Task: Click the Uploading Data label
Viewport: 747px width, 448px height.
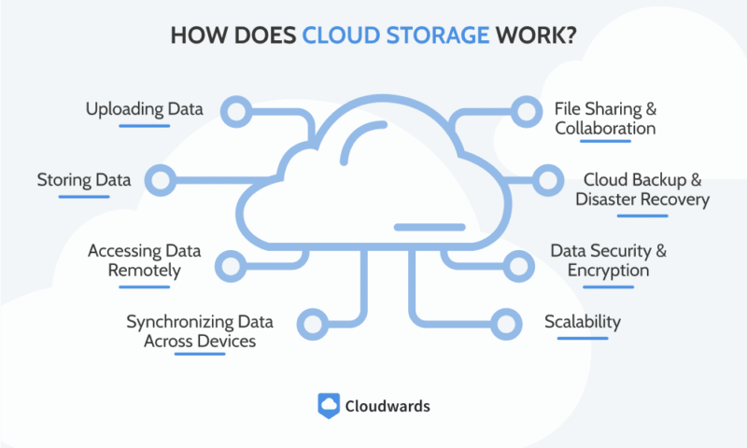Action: click(145, 109)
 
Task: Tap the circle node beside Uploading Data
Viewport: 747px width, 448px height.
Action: click(237, 113)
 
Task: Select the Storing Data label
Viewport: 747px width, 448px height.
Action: click(83, 179)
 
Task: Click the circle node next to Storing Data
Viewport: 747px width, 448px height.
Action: click(162, 179)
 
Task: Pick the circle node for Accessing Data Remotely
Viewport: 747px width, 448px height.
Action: click(229, 264)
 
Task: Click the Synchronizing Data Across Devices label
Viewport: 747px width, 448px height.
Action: click(200, 331)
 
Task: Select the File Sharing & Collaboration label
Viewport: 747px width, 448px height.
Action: click(605, 118)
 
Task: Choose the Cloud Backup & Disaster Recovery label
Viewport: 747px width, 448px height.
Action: click(642, 189)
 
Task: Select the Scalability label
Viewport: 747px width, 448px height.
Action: click(583, 322)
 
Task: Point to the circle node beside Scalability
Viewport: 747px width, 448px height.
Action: click(506, 324)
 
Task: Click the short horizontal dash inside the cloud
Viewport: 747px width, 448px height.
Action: click(430, 227)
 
